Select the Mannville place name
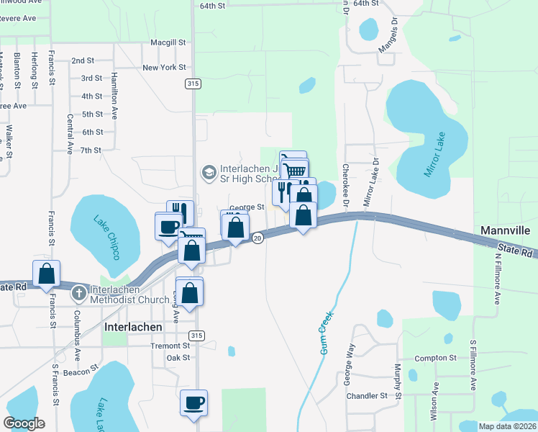(506, 231)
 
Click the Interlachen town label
(133, 326)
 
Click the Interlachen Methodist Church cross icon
(80, 293)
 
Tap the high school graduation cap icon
(209, 171)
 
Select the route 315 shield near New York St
(192, 84)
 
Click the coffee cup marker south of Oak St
(193, 403)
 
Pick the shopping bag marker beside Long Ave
(190, 294)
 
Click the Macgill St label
(168, 42)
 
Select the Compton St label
(436, 358)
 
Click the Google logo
(24, 423)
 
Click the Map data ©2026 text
(506, 426)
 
